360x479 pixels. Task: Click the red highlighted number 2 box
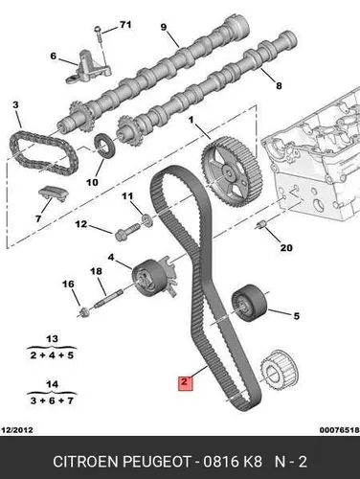coord(186,383)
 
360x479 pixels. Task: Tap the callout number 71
coord(125,24)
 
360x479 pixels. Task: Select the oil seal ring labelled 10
coord(104,147)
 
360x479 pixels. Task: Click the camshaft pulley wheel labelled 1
coord(232,171)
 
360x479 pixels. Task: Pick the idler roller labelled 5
coord(250,303)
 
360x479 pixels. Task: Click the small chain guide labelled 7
coord(53,194)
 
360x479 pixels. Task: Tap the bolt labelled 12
coord(127,233)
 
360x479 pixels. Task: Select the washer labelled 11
coord(146,220)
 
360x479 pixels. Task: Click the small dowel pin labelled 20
coord(261,225)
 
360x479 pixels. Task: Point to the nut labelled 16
coord(84,311)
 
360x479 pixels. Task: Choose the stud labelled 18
coord(107,299)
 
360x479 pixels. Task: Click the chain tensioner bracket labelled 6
coord(88,68)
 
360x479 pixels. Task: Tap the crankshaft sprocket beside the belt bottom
coord(280,372)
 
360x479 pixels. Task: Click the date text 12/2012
coord(17,430)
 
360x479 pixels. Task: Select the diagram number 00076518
coord(339,430)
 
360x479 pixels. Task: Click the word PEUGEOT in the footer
coord(157,462)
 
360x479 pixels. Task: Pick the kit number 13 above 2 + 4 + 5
coord(52,339)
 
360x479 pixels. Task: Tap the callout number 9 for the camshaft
coord(164,27)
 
